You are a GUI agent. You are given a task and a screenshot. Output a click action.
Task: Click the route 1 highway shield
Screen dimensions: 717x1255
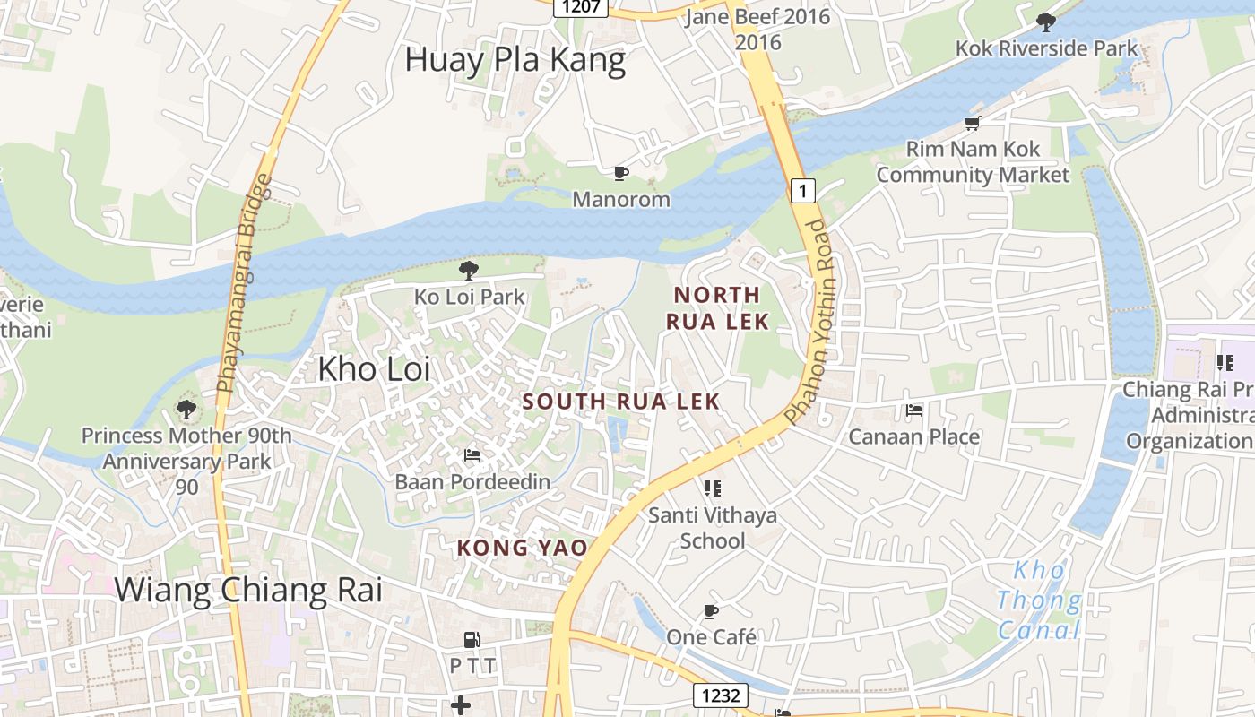coord(803,190)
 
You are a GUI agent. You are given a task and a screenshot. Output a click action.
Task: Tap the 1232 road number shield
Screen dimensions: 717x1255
coord(720,695)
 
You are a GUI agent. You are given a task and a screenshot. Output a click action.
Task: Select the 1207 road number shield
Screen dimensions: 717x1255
coord(581,7)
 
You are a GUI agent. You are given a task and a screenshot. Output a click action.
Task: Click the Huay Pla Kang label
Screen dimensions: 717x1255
coord(515,60)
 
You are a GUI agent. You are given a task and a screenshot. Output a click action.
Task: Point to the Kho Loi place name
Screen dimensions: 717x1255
coord(374,368)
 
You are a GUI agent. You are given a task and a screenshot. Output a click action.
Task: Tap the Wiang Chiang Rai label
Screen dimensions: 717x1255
coord(248,590)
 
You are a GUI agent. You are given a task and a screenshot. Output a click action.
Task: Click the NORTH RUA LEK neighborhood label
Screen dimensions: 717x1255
coord(717,307)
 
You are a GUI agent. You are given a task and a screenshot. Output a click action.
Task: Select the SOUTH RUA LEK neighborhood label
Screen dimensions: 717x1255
coord(621,402)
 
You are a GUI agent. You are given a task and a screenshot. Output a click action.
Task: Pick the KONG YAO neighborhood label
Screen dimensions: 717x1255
coord(523,548)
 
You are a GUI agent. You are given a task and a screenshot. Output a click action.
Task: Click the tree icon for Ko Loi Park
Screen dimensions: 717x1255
coord(468,270)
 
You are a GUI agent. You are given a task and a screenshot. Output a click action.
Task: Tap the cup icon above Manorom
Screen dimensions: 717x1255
coord(620,173)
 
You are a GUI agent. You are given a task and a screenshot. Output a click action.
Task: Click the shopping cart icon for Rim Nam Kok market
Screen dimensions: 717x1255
coord(972,123)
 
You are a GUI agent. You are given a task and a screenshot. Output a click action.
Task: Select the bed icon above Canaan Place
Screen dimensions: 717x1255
coord(913,410)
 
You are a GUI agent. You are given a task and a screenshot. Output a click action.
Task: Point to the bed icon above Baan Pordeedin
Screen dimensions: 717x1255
coord(472,455)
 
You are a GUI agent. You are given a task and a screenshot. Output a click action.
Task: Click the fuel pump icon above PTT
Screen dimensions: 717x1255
coord(472,640)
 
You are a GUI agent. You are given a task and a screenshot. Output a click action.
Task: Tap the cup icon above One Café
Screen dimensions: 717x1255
coord(711,611)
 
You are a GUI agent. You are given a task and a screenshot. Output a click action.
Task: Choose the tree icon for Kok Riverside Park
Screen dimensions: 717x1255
coord(1045,22)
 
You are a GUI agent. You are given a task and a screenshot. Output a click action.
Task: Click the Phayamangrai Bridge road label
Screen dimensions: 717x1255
coord(244,283)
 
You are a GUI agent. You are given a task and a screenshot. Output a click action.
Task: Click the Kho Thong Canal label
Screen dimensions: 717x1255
coord(1040,600)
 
